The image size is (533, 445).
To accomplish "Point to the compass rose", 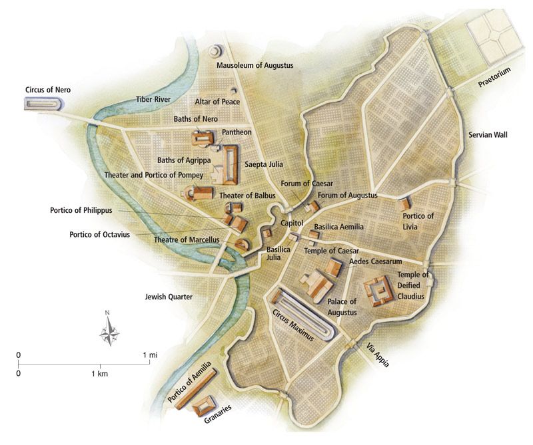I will click(109, 329).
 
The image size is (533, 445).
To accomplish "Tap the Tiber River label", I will click(153, 99).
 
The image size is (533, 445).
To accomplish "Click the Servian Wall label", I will click(487, 135).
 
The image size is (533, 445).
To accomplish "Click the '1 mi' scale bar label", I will click(150, 355).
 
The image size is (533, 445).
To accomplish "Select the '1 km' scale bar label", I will click(101, 374).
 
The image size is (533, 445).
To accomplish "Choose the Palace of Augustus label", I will click(342, 307).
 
